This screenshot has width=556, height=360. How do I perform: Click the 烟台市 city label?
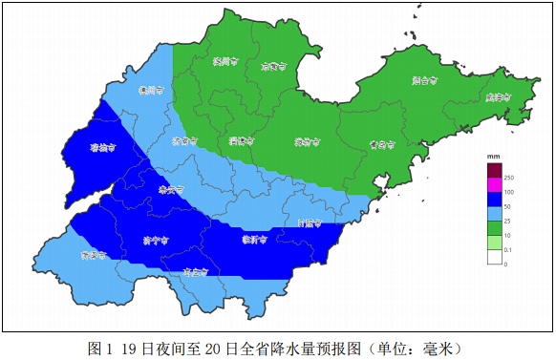click(425, 81)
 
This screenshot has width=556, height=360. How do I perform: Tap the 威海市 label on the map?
click(498, 96)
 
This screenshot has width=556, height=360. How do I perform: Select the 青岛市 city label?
click(382, 145)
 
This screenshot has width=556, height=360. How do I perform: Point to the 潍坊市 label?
click(307, 142)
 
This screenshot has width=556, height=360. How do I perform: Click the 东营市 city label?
click(274, 67)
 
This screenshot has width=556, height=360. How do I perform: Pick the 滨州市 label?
click(224, 63)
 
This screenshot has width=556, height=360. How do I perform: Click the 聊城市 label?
click(102, 149)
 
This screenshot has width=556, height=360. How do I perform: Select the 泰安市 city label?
click(170, 189)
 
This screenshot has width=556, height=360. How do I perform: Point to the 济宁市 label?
click(155, 240)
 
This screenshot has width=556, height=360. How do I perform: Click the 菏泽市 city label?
click(93, 256)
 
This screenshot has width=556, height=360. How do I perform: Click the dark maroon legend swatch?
click(495, 170)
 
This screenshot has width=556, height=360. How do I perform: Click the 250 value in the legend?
click(510, 179)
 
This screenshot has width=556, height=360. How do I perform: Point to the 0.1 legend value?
click(510, 249)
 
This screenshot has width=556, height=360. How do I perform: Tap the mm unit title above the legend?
click(494, 156)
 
